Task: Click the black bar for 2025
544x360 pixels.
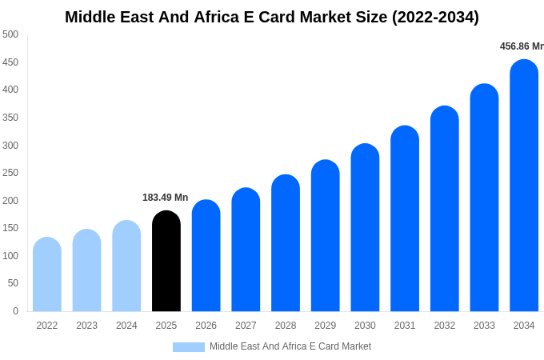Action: (x=166, y=262)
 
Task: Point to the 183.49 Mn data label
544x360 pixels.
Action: (x=166, y=198)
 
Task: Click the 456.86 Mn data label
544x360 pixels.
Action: (x=522, y=46)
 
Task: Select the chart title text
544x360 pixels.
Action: (x=272, y=17)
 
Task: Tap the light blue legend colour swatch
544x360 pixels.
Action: (x=189, y=347)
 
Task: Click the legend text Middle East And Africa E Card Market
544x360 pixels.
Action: (x=290, y=346)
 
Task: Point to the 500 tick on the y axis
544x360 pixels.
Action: (x=10, y=34)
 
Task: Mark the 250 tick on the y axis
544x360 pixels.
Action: (x=10, y=173)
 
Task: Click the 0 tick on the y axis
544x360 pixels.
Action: (x=15, y=311)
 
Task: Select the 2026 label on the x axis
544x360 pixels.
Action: (x=206, y=326)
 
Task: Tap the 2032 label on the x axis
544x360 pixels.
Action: (x=445, y=326)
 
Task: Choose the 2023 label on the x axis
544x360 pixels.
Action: (x=87, y=326)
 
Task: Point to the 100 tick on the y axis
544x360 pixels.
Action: (x=10, y=256)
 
